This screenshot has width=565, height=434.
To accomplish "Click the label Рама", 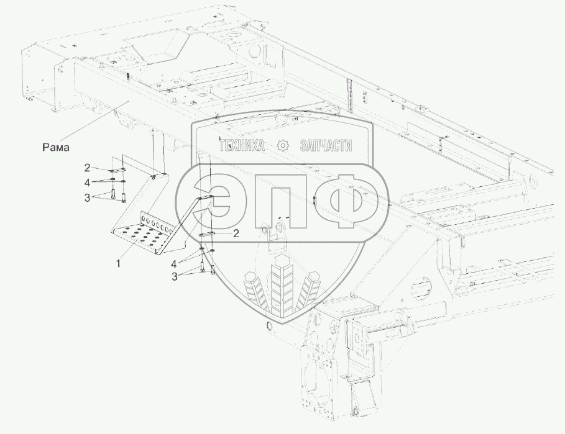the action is [x=56, y=147].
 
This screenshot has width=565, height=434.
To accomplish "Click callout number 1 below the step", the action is [x=118, y=263].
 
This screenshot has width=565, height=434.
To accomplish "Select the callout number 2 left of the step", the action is [x=87, y=168].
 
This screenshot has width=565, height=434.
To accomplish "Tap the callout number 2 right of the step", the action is [x=236, y=234].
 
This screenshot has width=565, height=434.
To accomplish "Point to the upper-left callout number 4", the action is [x=87, y=183].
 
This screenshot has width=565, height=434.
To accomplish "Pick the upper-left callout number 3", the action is [x=87, y=197].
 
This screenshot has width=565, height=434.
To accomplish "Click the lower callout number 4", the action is [x=174, y=264].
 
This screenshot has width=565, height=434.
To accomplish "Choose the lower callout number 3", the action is [x=175, y=277].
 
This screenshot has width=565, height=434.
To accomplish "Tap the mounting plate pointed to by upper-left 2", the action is [x=116, y=170].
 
